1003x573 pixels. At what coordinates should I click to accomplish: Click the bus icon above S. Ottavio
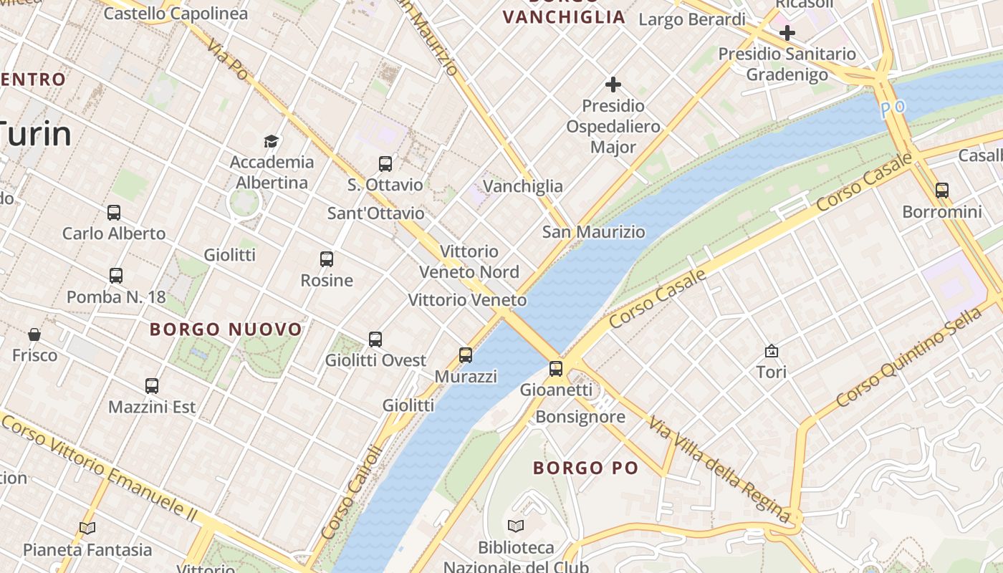click(385, 164)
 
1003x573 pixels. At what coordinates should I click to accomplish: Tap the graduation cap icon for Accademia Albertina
click(271, 141)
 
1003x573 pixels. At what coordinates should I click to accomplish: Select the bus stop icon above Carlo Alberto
click(114, 213)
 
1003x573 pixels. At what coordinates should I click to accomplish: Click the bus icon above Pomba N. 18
click(116, 276)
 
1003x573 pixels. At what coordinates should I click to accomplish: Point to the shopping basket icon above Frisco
click(34, 334)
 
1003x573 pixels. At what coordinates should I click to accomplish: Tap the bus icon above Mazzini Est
click(152, 386)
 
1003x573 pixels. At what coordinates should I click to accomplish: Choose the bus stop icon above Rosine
click(327, 259)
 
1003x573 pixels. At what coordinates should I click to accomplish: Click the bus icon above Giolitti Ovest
click(375, 340)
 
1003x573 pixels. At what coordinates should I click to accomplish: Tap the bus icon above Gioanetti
click(556, 369)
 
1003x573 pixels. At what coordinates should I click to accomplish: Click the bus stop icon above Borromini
click(942, 191)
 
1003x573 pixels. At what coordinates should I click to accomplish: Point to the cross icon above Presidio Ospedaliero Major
click(613, 85)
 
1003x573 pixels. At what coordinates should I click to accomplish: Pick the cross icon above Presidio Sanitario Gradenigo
click(787, 33)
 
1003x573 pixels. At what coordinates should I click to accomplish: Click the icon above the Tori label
click(772, 351)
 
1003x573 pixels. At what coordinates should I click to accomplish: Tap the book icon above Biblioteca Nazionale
click(516, 526)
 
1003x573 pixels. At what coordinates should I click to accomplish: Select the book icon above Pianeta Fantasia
click(87, 529)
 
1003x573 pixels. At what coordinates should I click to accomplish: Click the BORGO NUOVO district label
click(226, 329)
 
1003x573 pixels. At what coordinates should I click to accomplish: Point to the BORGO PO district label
click(585, 468)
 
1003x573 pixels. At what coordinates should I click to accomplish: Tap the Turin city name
click(36, 134)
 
